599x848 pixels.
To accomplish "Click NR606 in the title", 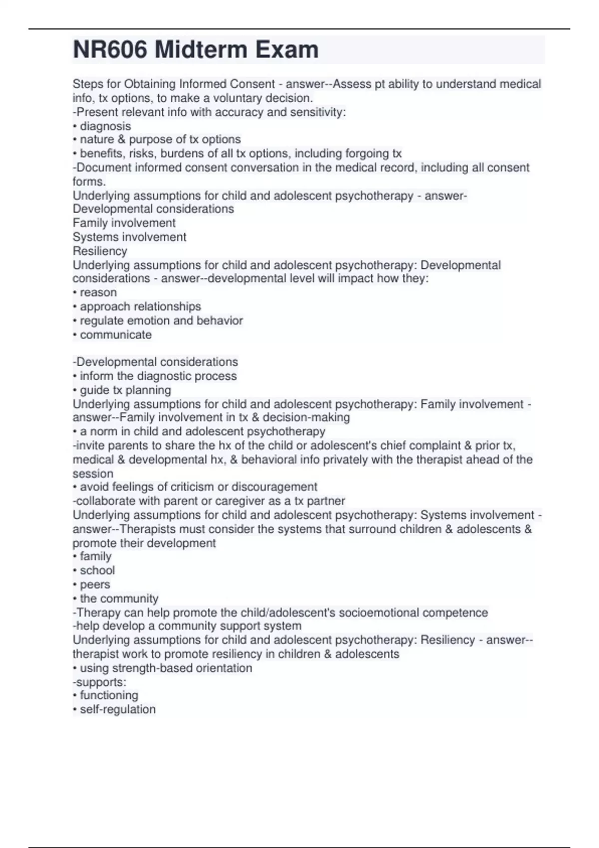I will (110, 50).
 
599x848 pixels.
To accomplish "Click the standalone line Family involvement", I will (124, 223).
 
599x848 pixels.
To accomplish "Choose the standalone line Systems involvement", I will (129, 237).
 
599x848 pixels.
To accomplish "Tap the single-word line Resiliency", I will (100, 251).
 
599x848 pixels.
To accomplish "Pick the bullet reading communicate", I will (115, 335).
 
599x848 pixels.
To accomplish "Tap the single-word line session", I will (93, 473).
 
